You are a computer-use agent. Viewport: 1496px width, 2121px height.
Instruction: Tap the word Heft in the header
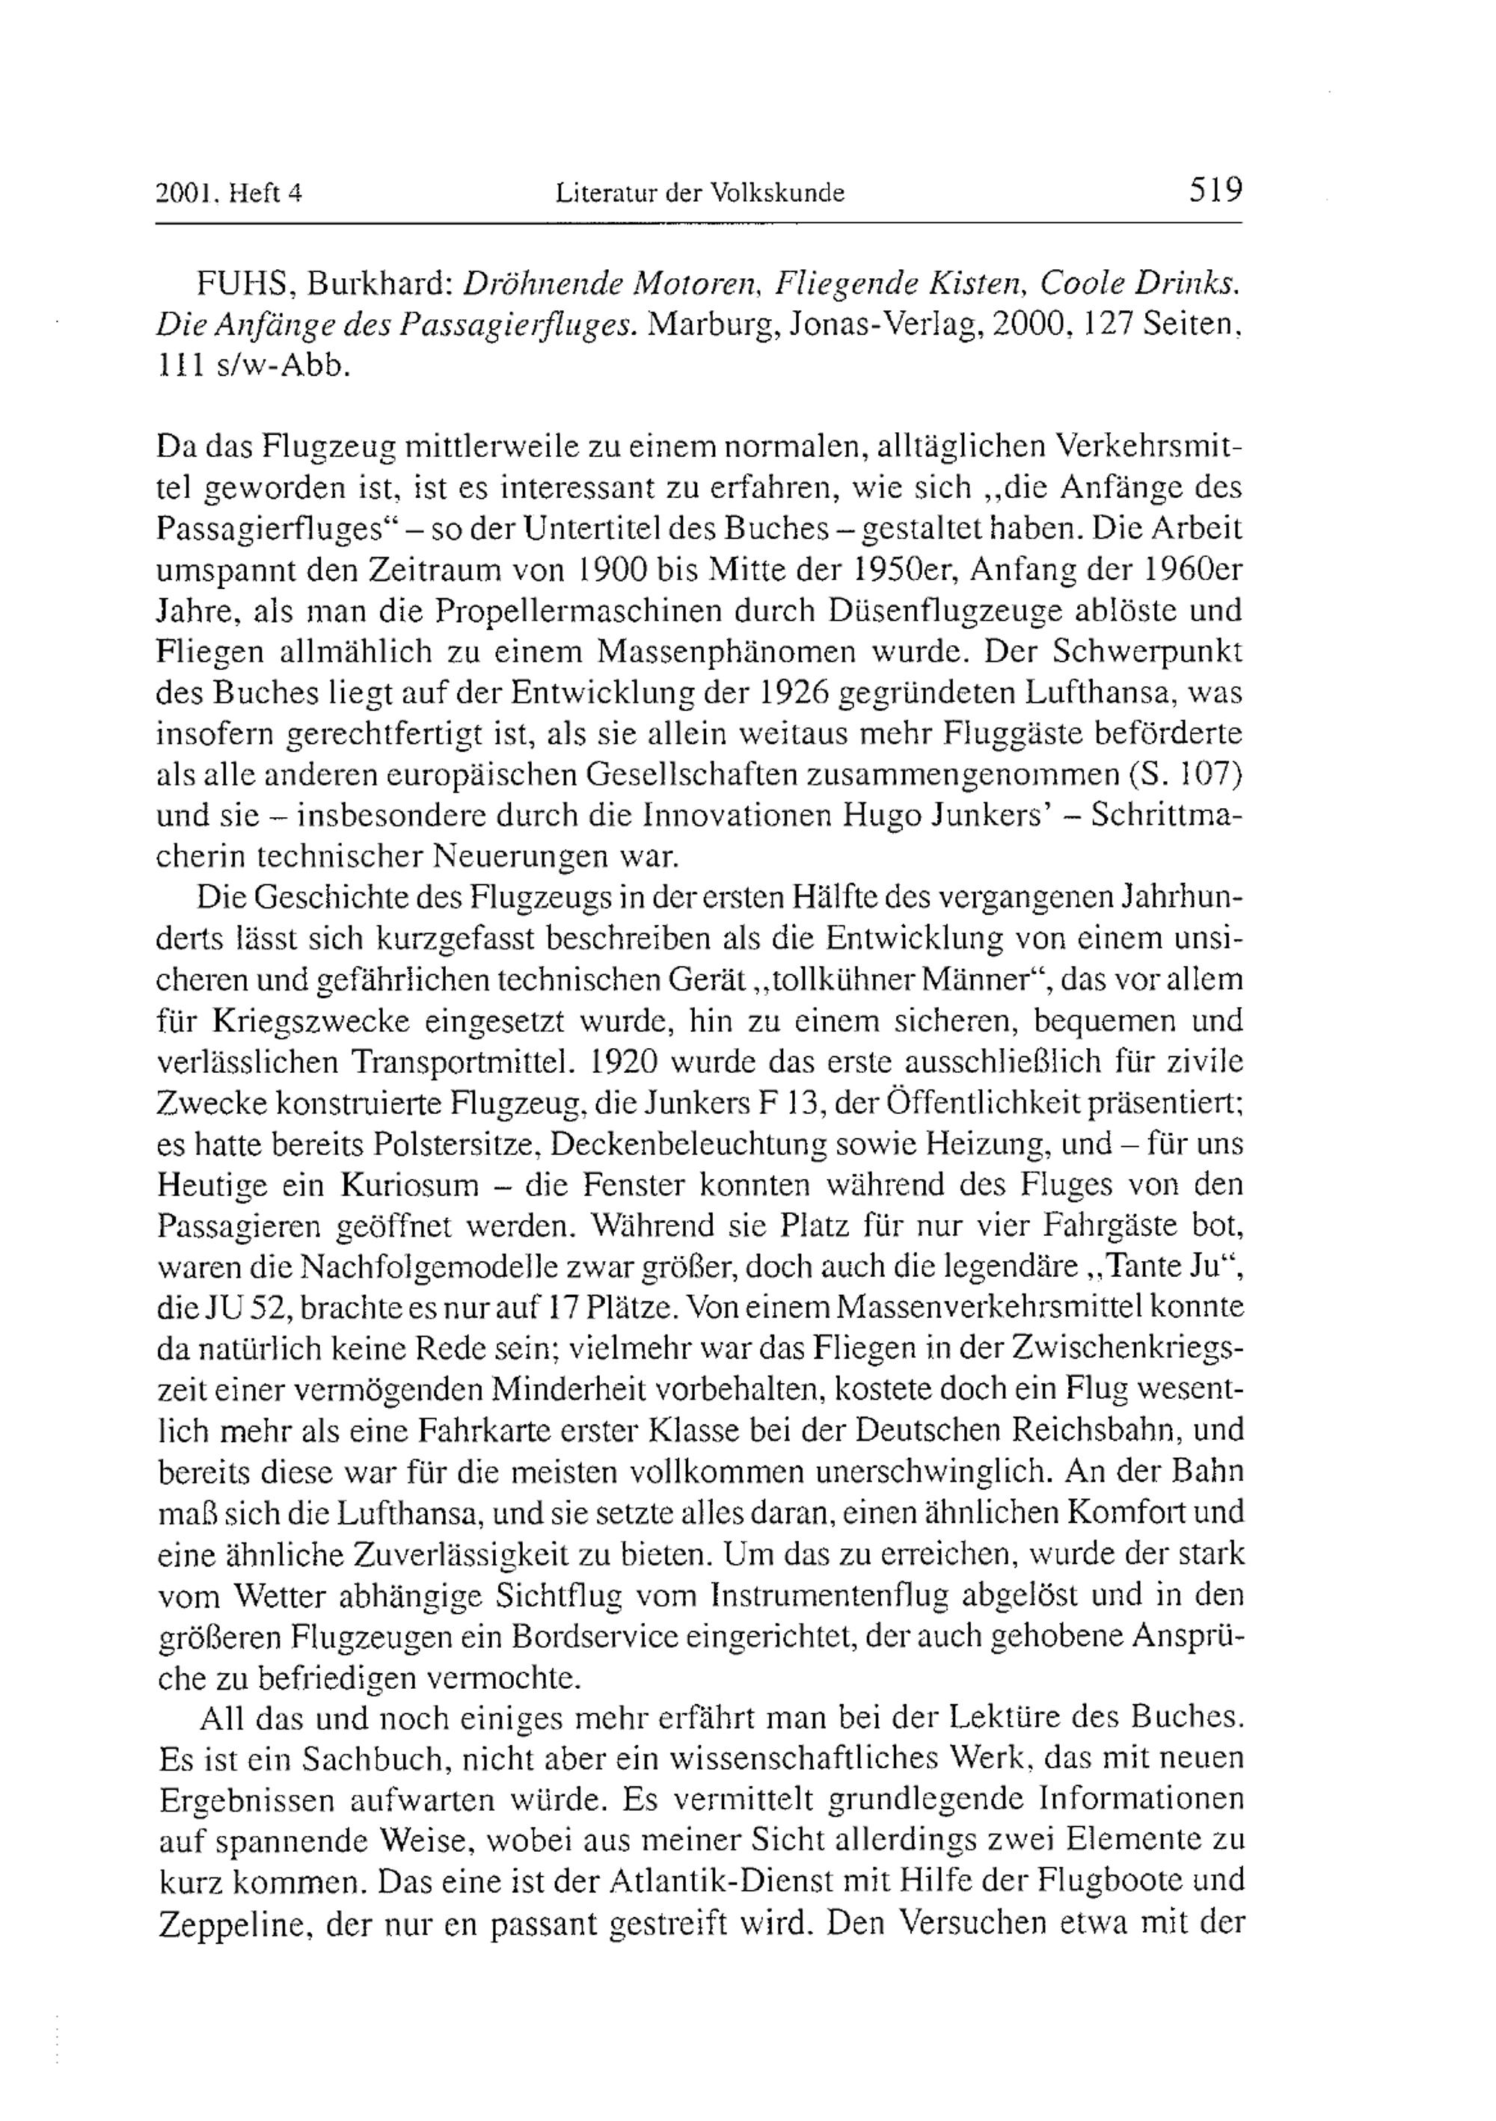click(x=254, y=193)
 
